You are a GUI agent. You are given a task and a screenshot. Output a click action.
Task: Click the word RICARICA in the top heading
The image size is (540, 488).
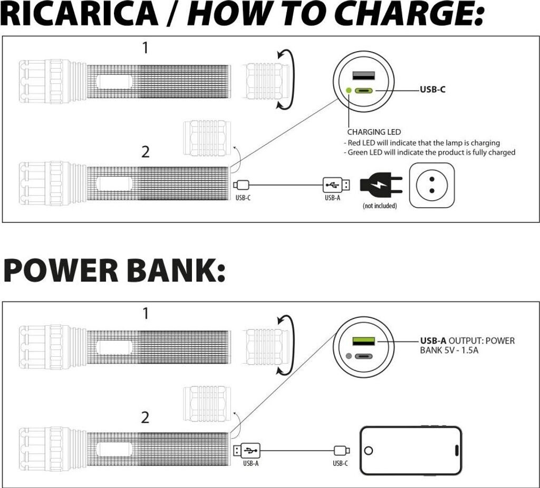point(79,14)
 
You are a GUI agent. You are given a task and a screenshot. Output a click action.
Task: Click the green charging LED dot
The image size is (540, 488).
point(349,90)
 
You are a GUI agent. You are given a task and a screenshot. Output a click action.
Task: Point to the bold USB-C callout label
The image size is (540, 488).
point(432,90)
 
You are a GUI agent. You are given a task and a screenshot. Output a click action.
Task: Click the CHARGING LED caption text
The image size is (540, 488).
point(374,132)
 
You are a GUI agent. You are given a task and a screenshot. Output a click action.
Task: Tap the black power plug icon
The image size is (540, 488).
point(380,186)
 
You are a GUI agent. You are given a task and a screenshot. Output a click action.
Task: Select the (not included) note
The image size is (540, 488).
point(380,206)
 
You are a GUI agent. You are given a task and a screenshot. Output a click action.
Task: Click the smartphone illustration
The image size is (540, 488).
point(411,450)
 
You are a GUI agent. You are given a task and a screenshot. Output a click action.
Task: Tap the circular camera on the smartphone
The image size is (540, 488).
point(369,451)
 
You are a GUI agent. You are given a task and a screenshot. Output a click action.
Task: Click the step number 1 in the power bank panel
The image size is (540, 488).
point(146,314)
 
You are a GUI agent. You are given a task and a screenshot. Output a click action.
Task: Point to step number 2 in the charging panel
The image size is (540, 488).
point(146,152)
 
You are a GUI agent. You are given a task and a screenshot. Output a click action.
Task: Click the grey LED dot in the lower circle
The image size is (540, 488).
point(349,356)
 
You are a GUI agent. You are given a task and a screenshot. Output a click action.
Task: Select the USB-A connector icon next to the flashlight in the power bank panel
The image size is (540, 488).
point(247,451)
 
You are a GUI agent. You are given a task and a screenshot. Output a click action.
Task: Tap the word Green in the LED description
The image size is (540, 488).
point(359,152)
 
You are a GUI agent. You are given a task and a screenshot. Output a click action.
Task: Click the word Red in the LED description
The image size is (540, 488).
point(353,143)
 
